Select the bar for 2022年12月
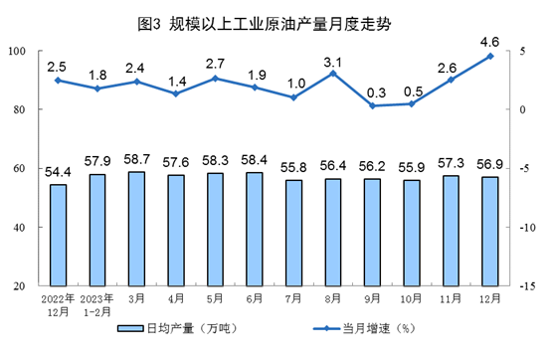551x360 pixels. click(58, 235)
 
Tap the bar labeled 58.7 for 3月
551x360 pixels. click(137, 229)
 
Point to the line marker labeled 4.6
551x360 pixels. click(490, 56)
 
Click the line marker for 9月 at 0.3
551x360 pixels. click(372, 105)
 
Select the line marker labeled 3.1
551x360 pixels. click(333, 73)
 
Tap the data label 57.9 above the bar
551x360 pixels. click(97, 160)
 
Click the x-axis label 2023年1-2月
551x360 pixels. click(97, 302)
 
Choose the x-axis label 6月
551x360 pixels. click(255, 297)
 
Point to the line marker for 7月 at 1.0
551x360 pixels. click(294, 97)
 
